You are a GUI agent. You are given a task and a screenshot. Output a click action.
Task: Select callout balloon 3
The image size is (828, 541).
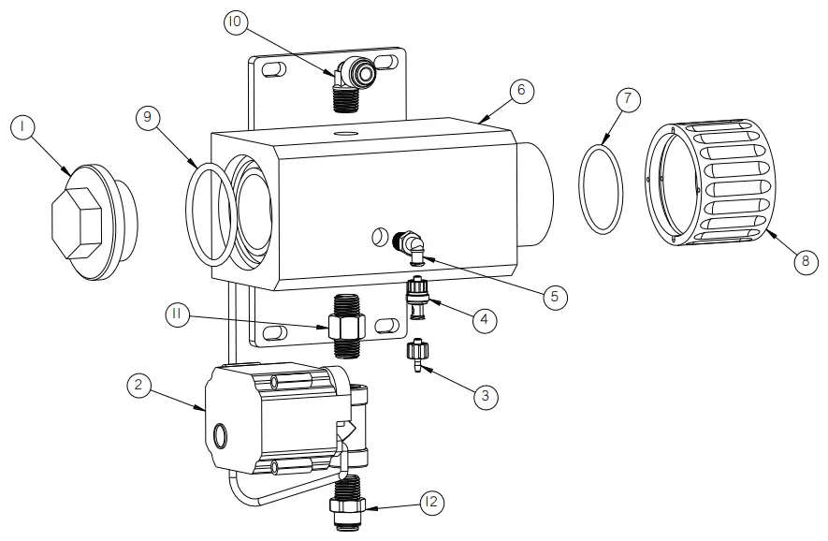coord(484,397)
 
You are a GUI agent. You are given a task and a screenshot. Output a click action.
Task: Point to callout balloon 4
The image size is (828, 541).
coord(484,319)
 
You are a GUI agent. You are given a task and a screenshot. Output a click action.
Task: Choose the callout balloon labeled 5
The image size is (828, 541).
coord(554,297)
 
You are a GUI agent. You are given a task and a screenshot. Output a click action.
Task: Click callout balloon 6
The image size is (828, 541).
coord(521,90)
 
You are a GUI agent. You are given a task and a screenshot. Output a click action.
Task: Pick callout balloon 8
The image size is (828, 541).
coord(804,261)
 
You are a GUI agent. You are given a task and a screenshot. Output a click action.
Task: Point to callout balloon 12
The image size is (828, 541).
coord(430,503)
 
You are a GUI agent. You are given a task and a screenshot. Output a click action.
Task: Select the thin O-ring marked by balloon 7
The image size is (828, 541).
coord(601,187)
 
